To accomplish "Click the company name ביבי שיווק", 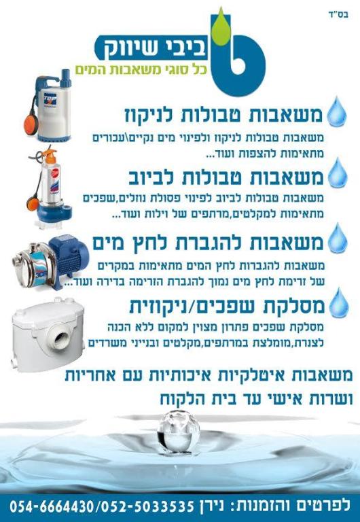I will (151, 48).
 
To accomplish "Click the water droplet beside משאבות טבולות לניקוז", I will (337, 112).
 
